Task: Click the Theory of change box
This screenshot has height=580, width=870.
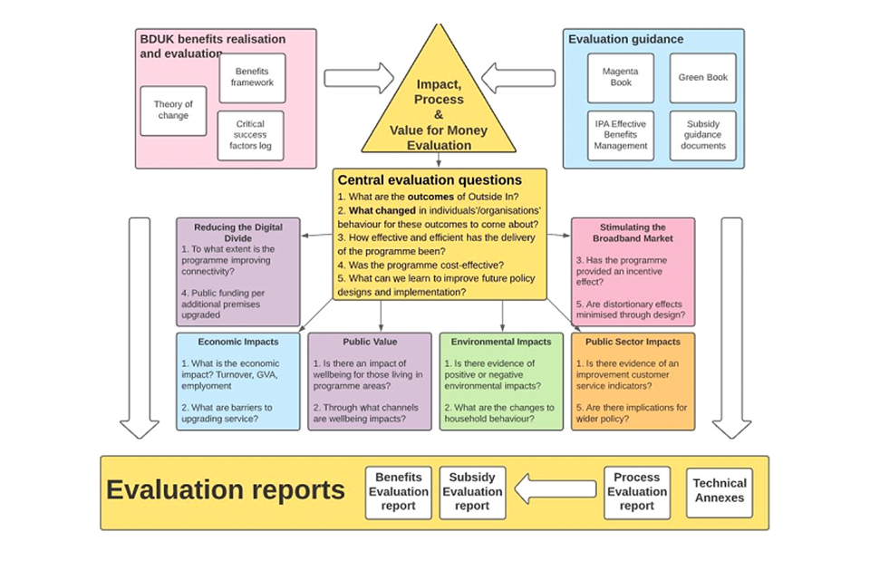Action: (x=173, y=111)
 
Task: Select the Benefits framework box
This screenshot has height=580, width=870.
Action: (x=251, y=77)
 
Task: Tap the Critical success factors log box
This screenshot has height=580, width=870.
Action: (x=250, y=135)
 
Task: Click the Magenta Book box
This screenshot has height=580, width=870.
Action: (x=620, y=77)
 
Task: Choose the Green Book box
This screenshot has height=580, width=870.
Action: (x=702, y=77)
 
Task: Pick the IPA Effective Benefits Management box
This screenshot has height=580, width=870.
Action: (x=620, y=135)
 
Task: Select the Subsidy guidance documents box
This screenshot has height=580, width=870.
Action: (x=702, y=135)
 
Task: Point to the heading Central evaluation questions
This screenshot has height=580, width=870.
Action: (x=430, y=179)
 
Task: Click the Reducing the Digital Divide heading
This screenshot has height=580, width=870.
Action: (x=237, y=233)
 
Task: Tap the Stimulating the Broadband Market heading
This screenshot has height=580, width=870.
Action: (x=633, y=233)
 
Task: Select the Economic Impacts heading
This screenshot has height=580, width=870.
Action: (x=237, y=342)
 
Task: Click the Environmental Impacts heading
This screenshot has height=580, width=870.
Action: (x=501, y=342)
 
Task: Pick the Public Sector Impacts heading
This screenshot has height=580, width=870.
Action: (x=633, y=342)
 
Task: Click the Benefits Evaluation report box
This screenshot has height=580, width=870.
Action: (x=398, y=492)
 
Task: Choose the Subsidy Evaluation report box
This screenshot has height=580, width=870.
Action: (x=472, y=492)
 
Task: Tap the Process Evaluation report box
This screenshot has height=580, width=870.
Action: (x=636, y=492)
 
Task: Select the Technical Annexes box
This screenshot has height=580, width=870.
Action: (x=720, y=492)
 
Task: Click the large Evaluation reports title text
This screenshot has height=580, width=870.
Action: (x=226, y=490)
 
